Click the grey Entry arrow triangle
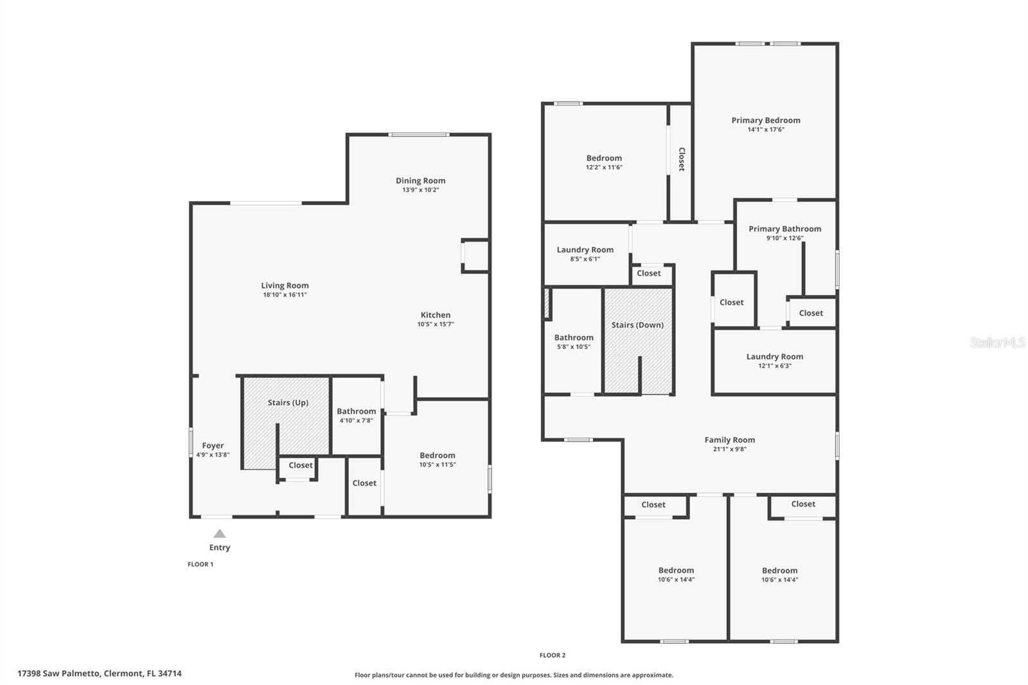pyautogui.click(x=219, y=533)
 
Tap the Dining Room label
pyautogui.click(x=420, y=181)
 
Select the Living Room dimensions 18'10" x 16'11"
pyautogui.click(x=285, y=295)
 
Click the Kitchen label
pyautogui.click(x=436, y=315)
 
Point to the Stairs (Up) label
pyautogui.click(x=288, y=403)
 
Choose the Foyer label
pyautogui.click(x=213, y=445)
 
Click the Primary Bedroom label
pyautogui.click(x=765, y=120)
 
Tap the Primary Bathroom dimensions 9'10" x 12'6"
pyautogui.click(x=784, y=238)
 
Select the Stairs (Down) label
pyautogui.click(x=637, y=325)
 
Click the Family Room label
pyautogui.click(x=730, y=440)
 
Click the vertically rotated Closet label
pyautogui.click(x=682, y=159)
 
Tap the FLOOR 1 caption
pyautogui.click(x=200, y=564)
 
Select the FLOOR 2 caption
pyautogui.click(x=553, y=655)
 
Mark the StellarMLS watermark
pyautogui.click(x=998, y=342)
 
